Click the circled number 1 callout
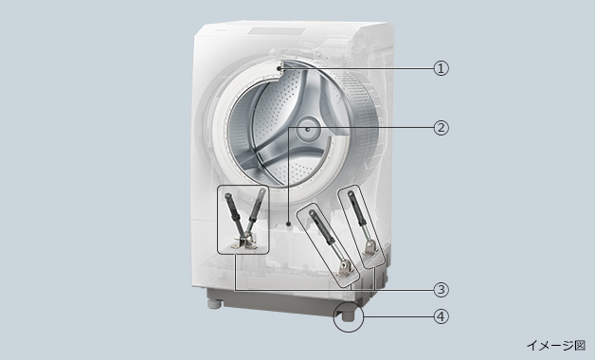[x=441, y=68]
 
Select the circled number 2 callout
[x=441, y=128]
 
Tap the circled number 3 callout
[x=441, y=290]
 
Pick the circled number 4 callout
[x=441, y=316]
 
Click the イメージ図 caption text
[x=556, y=345]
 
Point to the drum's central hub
[x=307, y=129]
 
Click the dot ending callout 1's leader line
[x=279, y=68]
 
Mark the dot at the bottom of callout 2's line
[x=289, y=224]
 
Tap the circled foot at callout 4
[x=348, y=315]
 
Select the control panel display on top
[x=277, y=31]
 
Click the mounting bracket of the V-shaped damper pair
[x=243, y=243]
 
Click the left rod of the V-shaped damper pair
[x=233, y=216]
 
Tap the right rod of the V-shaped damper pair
[x=255, y=211]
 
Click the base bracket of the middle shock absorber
[x=345, y=267]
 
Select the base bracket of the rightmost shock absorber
[x=369, y=248]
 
